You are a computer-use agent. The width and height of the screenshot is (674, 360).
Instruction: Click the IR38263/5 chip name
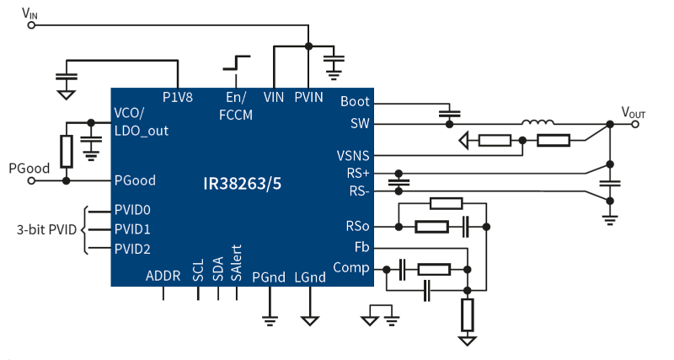(243, 184)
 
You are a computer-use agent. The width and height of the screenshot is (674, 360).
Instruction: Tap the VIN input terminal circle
(31, 25)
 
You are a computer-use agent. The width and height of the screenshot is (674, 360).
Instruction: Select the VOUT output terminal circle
(635, 124)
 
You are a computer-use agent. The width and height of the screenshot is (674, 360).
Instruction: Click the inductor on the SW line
(538, 122)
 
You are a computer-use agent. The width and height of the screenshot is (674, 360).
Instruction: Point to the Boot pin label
(355, 101)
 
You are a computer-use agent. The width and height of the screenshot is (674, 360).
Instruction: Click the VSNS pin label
(353, 156)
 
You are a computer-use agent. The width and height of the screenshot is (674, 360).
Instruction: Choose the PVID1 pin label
(132, 229)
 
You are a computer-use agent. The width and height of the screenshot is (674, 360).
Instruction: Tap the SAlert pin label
(236, 263)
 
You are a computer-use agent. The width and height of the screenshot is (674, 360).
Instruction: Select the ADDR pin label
(163, 276)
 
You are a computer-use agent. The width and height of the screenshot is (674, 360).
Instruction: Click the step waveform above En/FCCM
(236, 62)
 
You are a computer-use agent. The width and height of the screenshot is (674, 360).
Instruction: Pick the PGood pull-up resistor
(67, 152)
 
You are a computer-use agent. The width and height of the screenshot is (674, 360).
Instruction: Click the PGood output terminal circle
(31, 181)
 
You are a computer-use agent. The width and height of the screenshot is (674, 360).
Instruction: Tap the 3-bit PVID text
(46, 229)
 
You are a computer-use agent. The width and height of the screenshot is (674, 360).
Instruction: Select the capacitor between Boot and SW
(450, 114)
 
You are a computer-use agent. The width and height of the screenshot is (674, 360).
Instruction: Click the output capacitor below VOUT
(610, 183)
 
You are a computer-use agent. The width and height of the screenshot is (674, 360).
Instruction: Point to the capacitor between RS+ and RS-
(399, 182)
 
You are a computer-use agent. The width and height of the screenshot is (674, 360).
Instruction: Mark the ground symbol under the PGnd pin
(270, 320)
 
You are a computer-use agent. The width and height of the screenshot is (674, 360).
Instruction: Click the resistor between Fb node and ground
(468, 314)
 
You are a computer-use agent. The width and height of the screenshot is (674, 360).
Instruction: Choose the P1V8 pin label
(178, 97)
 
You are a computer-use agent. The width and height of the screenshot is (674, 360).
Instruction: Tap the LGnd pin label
(310, 277)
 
